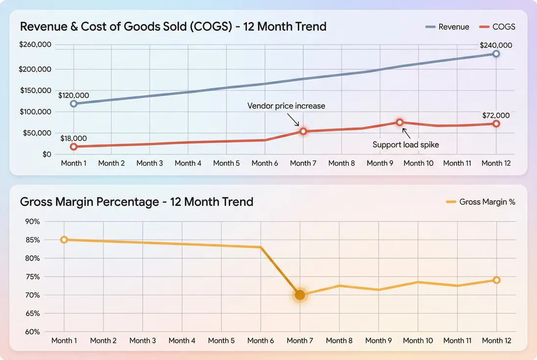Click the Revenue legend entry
tap(447, 27)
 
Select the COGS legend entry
tap(497, 27)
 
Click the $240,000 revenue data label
tap(496, 45)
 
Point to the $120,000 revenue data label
tap(73, 96)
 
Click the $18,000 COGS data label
tap(73, 139)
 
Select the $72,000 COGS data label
tap(496, 116)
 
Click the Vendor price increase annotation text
tap(286, 106)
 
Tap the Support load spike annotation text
tap(406, 144)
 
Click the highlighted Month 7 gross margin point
tap(300, 295)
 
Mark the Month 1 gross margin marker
tap(64, 240)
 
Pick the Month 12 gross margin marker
tap(496, 280)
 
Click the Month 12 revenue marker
tap(496, 53)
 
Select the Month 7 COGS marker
tap(303, 131)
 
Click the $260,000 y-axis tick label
tap(35, 45)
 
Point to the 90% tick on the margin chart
tap(32, 221)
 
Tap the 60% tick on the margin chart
tap(32, 332)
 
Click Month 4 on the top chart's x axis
tap(188, 163)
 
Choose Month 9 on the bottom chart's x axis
tap(378, 340)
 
